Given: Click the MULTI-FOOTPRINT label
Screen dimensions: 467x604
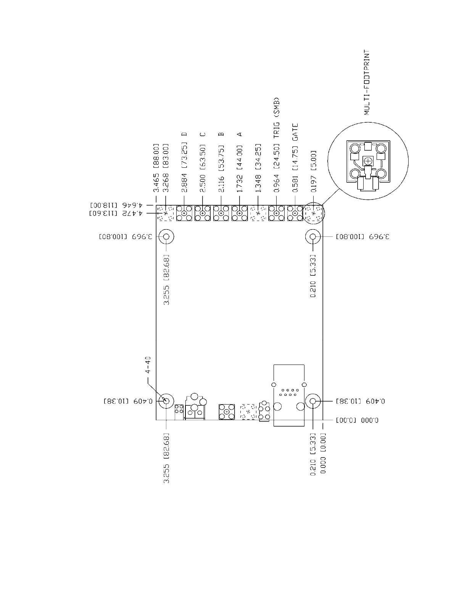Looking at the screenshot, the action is tap(367, 82).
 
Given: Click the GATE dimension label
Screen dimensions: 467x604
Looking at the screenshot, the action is tap(295, 132).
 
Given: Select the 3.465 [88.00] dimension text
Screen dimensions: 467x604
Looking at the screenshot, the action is tap(156, 168).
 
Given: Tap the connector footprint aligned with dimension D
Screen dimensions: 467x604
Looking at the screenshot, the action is tap(184, 213).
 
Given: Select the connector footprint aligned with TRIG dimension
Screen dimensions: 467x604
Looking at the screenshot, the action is tap(277, 213).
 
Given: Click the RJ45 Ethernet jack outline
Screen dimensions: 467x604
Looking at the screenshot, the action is tap(289, 395).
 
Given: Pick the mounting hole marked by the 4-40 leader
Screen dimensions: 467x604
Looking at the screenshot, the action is tap(166, 401).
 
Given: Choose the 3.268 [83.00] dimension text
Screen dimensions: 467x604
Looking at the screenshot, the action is tap(165, 168).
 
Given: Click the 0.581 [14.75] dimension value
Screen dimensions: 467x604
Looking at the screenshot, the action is tap(295, 168).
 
